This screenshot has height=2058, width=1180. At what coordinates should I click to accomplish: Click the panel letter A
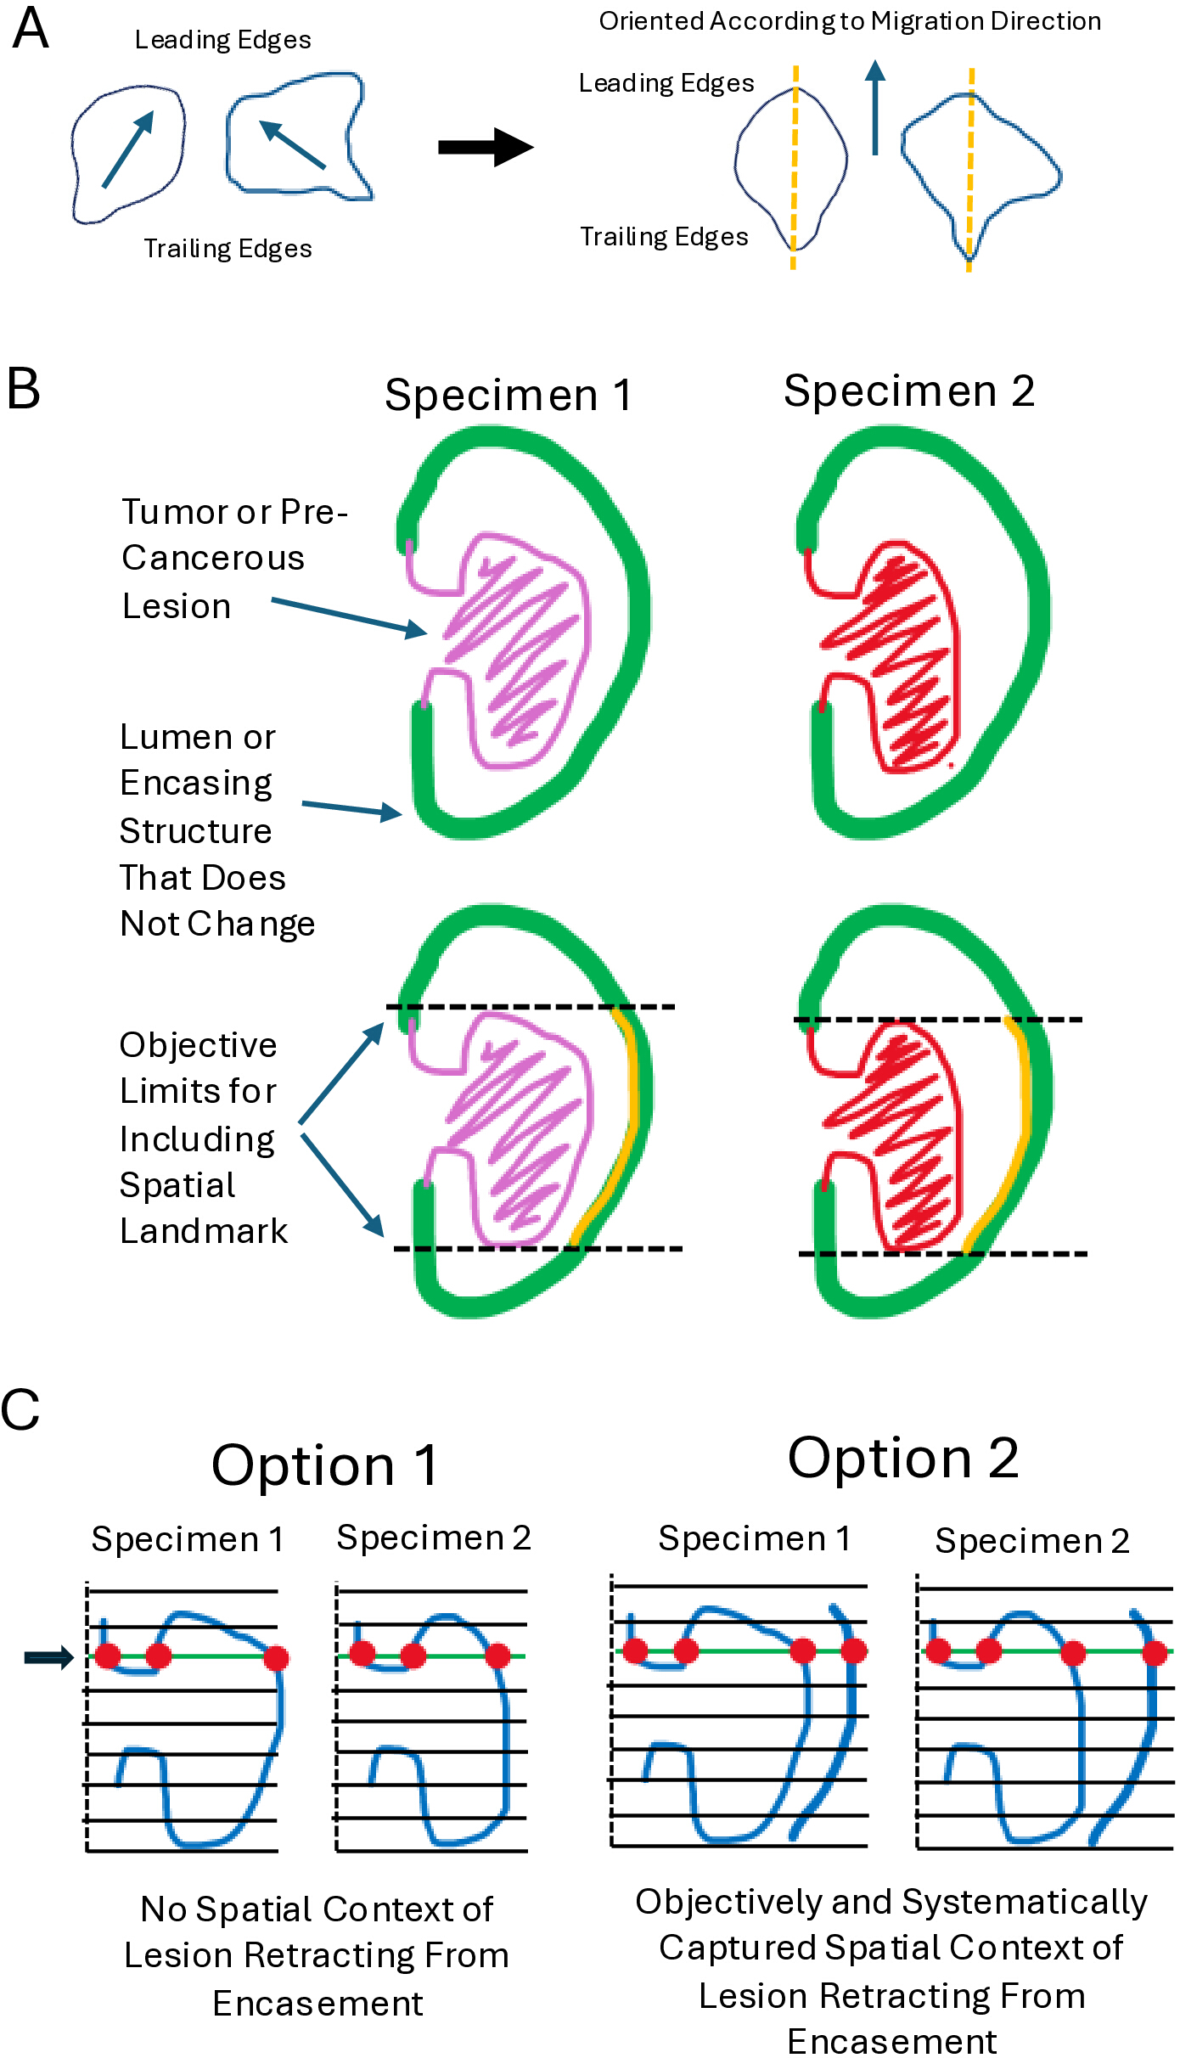(x=31, y=28)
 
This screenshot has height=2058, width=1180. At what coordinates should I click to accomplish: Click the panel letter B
(x=23, y=389)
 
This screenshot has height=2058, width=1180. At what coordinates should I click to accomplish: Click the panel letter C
(x=20, y=1410)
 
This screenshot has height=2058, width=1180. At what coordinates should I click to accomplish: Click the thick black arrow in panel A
(x=486, y=147)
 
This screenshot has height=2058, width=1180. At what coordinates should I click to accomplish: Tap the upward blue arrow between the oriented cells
(x=875, y=107)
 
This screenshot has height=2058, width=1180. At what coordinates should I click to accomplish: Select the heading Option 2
(x=903, y=1458)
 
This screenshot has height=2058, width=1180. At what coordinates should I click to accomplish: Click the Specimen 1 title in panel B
(x=508, y=395)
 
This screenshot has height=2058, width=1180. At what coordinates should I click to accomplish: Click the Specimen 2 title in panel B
(x=908, y=391)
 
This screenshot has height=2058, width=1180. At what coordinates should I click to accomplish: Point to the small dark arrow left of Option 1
(x=49, y=1656)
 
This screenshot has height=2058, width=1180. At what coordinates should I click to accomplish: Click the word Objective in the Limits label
(x=198, y=1045)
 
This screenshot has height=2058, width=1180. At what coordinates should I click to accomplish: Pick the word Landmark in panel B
(x=204, y=1231)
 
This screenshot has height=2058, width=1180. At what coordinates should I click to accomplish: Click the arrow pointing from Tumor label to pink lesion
(x=349, y=617)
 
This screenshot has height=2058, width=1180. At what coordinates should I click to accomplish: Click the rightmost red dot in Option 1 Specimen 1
(x=276, y=1658)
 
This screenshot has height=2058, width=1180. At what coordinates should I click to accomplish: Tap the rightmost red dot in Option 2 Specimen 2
(x=1155, y=1652)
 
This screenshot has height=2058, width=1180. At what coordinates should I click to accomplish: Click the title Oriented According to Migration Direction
(x=850, y=21)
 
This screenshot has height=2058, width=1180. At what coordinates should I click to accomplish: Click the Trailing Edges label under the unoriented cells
(x=228, y=249)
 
